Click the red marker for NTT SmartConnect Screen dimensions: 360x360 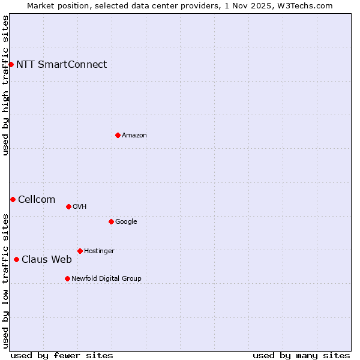point(11,64)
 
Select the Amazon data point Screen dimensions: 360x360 point(118,135)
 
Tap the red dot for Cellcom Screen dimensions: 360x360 point(13,199)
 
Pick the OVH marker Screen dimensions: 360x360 point(68,206)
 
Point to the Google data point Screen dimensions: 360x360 point(111,221)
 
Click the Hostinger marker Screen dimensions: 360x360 point(80,251)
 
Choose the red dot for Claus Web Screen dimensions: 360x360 point(16,259)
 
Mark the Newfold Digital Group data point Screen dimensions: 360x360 point(67,278)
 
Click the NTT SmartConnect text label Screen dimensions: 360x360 point(61,64)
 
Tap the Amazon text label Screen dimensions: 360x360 point(134,135)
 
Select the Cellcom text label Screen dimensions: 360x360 point(37,199)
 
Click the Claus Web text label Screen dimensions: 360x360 point(47,259)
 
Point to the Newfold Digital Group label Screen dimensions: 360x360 point(106,278)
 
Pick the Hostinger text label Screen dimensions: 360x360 point(99,251)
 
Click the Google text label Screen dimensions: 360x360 point(126,221)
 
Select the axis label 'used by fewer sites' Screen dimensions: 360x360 point(62,355)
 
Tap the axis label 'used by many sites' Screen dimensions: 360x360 point(301,355)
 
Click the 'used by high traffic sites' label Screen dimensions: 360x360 point(5,85)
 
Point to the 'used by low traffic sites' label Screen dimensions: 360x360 point(5,280)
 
